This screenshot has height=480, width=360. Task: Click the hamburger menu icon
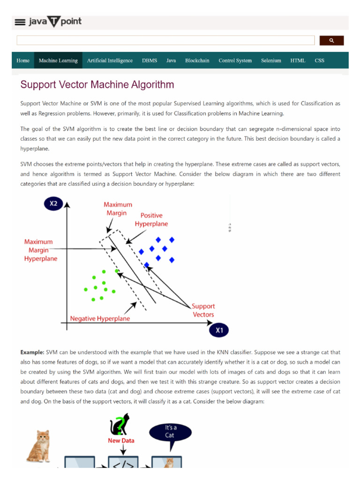point(20,22)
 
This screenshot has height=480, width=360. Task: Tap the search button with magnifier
point(331,41)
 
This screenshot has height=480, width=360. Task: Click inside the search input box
point(165,41)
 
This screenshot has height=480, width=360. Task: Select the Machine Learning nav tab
point(58,60)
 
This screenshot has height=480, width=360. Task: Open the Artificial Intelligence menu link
point(110,60)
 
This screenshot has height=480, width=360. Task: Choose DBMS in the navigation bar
point(150,60)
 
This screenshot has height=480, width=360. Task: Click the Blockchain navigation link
point(197,60)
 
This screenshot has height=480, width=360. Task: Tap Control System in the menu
point(235,60)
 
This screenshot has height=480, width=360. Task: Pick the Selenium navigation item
point(271,60)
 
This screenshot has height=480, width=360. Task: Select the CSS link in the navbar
point(319,60)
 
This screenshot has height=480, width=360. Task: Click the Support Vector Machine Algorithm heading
point(97,85)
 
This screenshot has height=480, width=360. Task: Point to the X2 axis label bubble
point(53,204)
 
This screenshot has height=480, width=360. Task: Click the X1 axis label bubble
point(219,330)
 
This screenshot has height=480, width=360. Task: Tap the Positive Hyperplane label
point(151,219)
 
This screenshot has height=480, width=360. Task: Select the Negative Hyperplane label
point(100,319)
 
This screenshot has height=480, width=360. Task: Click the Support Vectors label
point(203,310)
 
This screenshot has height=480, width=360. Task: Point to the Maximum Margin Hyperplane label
point(41,250)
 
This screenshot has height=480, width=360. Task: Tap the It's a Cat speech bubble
point(170,432)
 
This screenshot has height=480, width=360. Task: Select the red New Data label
point(121,441)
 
